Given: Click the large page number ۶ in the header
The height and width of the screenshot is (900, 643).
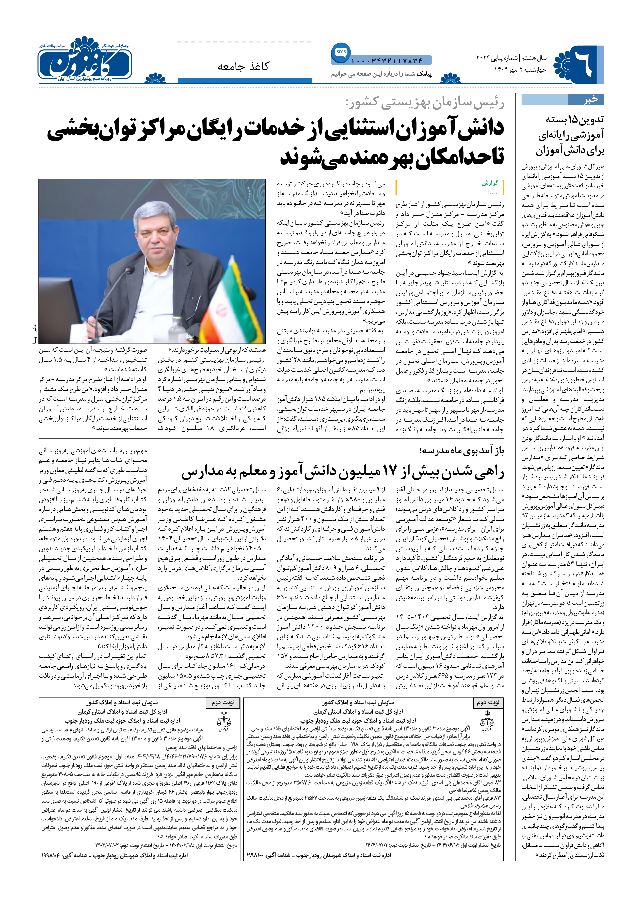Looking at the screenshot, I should pyautogui.click(x=584, y=63).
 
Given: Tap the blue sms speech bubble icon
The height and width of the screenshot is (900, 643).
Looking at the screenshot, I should pyautogui.click(x=341, y=52).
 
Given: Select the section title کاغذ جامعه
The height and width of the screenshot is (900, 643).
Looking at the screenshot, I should pyautogui.click(x=243, y=66).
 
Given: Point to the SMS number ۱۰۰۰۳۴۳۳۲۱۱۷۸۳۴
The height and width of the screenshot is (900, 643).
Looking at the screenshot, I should pyautogui.click(x=387, y=61).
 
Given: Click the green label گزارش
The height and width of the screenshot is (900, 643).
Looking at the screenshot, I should pyautogui.click(x=490, y=183).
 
